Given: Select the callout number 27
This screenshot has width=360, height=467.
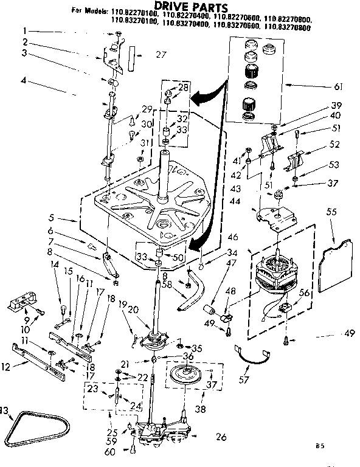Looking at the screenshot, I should coord(160,55).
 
